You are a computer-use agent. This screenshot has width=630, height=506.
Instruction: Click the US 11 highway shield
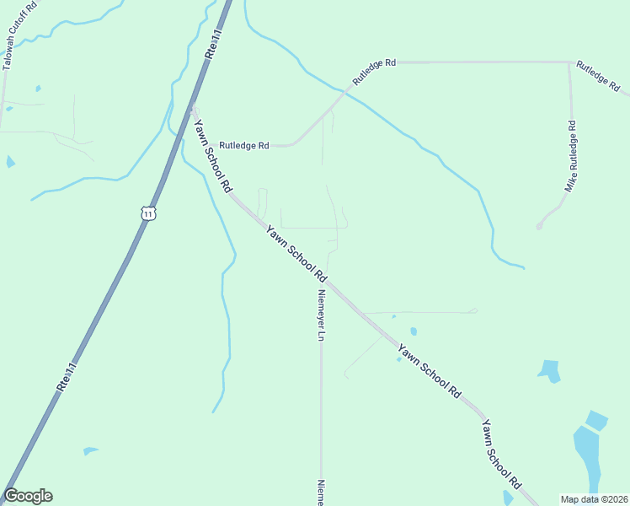point(149,213)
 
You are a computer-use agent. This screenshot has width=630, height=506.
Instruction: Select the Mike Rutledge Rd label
point(571,156)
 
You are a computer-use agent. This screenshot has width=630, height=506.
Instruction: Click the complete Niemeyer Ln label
point(321,315)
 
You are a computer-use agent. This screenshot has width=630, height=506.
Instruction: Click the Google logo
point(28,496)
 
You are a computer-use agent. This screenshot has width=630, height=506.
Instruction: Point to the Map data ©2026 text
point(594,499)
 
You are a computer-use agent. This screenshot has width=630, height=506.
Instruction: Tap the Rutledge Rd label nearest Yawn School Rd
point(243,145)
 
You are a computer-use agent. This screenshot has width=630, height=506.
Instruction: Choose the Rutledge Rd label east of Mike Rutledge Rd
point(599,75)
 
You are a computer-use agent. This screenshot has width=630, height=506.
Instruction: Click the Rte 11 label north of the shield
point(212,44)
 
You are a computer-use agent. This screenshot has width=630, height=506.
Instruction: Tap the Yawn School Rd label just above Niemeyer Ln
point(296,252)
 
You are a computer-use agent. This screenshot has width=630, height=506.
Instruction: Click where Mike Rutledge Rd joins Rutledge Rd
point(569,62)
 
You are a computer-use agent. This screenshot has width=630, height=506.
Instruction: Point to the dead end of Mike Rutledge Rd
point(539,226)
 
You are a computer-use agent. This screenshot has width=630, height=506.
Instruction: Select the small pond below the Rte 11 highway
point(90,450)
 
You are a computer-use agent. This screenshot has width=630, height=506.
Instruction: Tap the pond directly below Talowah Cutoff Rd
point(10,161)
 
